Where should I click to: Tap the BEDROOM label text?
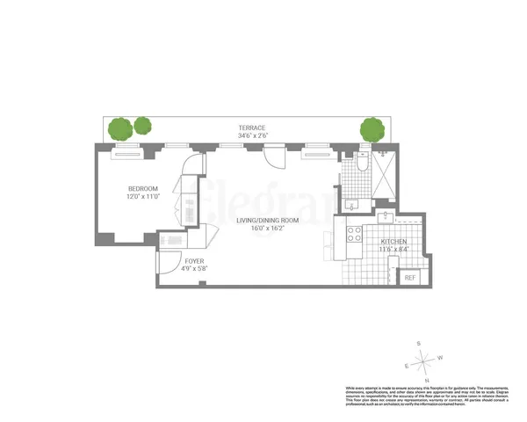coord(142,189)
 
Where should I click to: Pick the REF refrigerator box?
coord(409,277)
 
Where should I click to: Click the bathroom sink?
coord(351,205)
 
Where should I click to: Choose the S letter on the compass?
coord(420,343)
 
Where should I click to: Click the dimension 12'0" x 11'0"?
coord(142,198)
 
